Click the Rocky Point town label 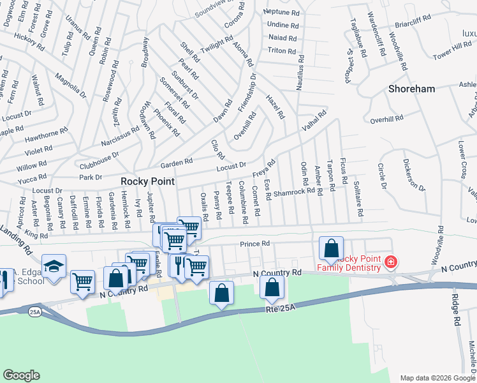[148, 181]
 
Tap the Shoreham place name [411, 89]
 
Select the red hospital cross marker [390, 262]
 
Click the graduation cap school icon [54, 266]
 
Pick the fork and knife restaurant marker [178, 264]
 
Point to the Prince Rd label [255, 244]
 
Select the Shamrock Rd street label [294, 190]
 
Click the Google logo [21, 375]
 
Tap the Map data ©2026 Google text [438, 377]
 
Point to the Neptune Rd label [281, 12]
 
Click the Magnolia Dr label [70, 86]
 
